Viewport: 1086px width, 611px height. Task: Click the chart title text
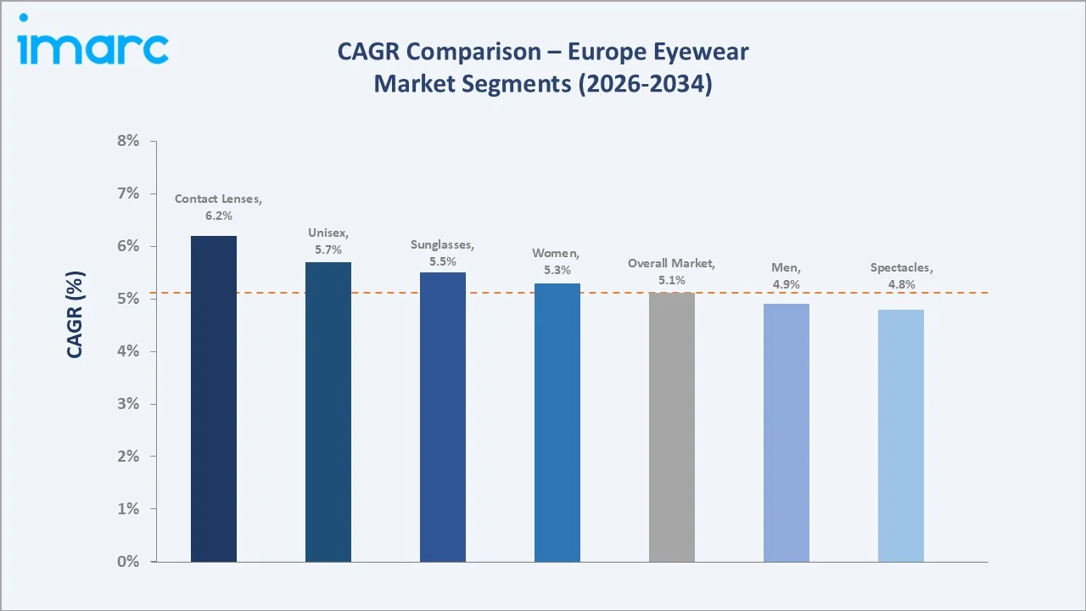pos(543,68)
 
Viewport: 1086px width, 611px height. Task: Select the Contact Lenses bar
pos(214,399)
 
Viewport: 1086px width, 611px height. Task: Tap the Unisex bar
pos(328,412)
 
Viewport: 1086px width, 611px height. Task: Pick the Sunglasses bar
pos(443,417)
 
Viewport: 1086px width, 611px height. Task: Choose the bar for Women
pos(557,422)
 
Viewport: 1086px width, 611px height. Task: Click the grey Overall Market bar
pos(672,427)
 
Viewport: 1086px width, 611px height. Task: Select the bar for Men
pos(787,432)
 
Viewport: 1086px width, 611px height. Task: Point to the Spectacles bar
pos(901,435)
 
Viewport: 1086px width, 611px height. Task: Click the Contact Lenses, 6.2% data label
pos(218,207)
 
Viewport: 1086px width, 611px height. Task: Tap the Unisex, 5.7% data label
pos(328,241)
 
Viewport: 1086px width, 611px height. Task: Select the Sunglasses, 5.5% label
pos(442,253)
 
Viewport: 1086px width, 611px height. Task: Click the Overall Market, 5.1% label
pos(671,272)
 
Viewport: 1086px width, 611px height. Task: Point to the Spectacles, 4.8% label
pos(901,276)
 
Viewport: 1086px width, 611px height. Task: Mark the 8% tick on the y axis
pos(127,141)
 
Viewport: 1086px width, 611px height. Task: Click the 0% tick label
pos(127,562)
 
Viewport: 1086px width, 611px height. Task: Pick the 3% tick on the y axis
pos(127,404)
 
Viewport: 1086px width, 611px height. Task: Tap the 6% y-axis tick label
pos(127,246)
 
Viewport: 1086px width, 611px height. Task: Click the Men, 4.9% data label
pos(786,276)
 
